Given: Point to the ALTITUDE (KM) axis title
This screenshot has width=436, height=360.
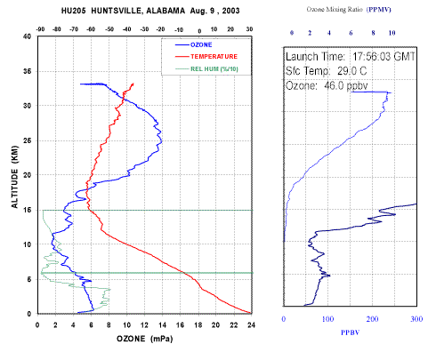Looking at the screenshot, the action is [14, 177].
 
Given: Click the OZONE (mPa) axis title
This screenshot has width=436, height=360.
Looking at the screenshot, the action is [144, 339].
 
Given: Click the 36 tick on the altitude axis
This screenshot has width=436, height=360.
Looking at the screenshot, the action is [28, 71].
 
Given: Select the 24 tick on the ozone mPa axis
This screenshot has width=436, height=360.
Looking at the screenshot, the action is [252, 325].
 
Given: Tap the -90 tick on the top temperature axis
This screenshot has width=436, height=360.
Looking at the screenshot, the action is [40, 29].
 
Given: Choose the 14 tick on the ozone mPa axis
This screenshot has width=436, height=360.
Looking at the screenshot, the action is [162, 325].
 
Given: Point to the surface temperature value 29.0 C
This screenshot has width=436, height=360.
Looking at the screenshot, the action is [351, 71].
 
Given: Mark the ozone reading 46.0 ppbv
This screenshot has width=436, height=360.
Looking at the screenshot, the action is [346, 85].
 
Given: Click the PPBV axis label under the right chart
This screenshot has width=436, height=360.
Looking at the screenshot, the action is [350, 332].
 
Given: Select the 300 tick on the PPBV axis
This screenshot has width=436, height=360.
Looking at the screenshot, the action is [416, 319].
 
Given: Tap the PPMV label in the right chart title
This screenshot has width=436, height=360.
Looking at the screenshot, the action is [379, 10].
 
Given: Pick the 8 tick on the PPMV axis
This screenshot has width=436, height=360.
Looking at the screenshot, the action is [373, 33].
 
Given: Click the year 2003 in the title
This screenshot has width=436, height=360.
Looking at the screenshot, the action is [230, 11].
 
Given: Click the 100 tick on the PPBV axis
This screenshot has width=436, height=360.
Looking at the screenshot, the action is [327, 319].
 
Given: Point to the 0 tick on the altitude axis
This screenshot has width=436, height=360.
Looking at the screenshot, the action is [29, 314].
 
